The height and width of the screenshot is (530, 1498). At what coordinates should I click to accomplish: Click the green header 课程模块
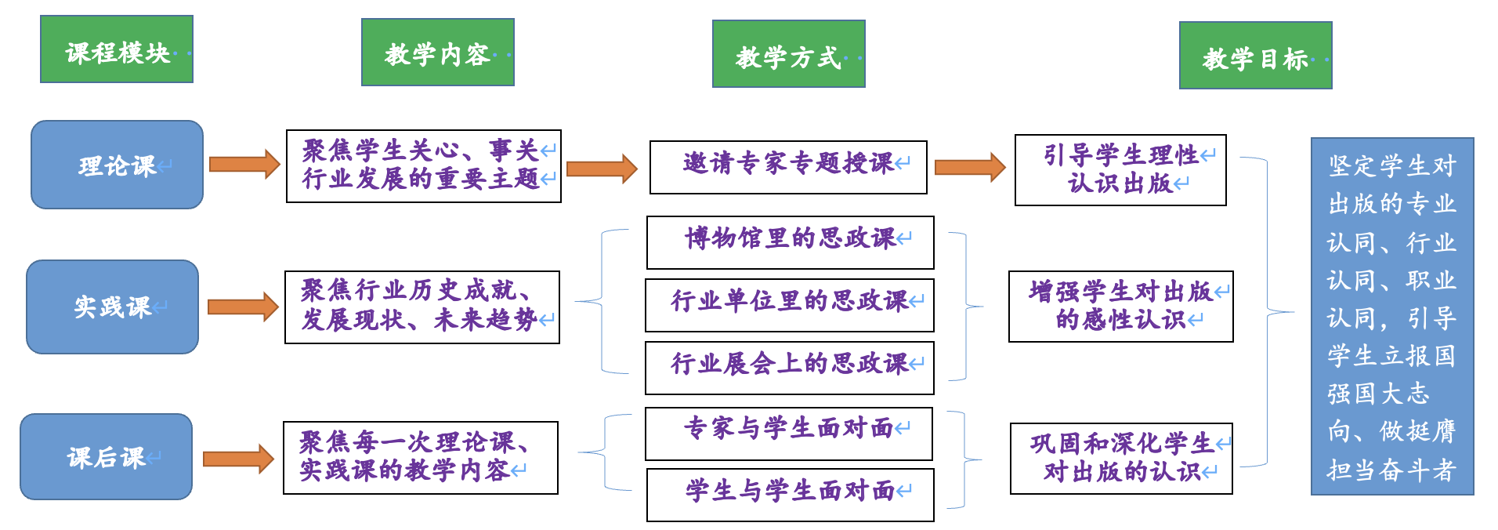tap(117, 49)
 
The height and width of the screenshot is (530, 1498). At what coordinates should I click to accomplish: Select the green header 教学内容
tap(437, 53)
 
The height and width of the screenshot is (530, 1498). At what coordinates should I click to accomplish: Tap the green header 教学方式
tap(788, 54)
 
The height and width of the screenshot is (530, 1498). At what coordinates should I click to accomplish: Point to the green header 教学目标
tap(1255, 56)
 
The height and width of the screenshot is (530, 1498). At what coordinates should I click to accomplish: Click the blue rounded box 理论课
tap(117, 165)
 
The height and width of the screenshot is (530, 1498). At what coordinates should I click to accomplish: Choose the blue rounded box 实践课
tap(112, 307)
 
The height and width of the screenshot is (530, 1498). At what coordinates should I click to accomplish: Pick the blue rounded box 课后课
tap(106, 456)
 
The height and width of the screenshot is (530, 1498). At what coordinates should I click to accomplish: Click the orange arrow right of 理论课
tap(244, 165)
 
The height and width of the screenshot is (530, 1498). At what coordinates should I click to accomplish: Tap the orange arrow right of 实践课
tap(242, 307)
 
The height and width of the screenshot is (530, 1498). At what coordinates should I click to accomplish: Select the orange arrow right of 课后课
tap(237, 459)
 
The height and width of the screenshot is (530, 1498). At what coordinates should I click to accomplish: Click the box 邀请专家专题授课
tap(788, 167)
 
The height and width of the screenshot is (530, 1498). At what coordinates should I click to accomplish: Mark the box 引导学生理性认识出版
tap(1120, 170)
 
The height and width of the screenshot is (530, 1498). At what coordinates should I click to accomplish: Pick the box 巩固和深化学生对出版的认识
tap(1121, 459)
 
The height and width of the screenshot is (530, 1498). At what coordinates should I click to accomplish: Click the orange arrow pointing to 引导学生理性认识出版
tap(970, 167)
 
